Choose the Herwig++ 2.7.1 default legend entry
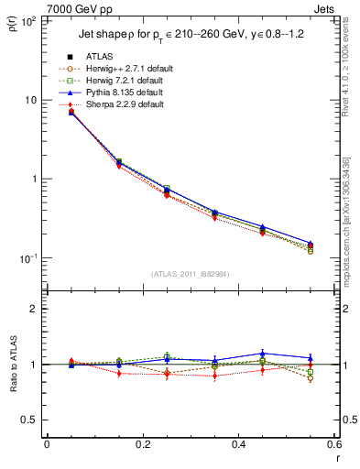125,69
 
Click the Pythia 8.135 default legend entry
123,93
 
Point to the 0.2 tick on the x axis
142,444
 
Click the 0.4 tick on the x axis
238,444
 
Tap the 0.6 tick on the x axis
333,444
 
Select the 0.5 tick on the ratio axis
29,420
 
